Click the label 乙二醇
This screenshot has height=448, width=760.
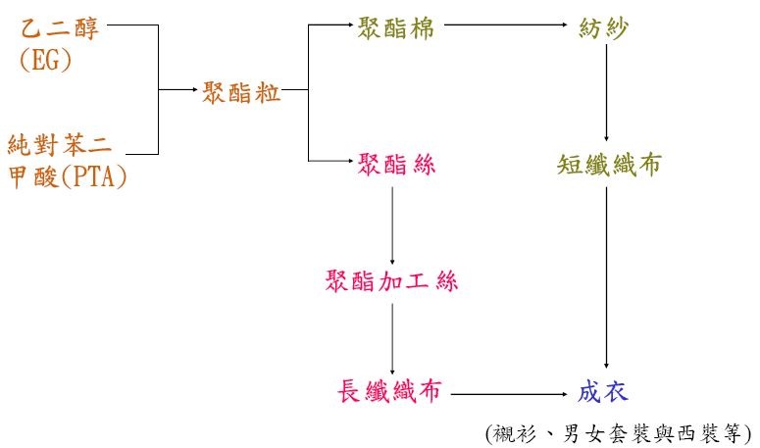click(59, 28)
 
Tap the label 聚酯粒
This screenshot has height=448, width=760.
click(241, 93)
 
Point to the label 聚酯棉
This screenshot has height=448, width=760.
click(396, 26)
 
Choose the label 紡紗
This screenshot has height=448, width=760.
click(604, 28)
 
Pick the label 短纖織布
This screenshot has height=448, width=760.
click(608, 165)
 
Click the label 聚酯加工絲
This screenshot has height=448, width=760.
click(391, 282)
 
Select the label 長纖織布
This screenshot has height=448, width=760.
click(388, 393)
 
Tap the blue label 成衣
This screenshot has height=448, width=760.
click(602, 393)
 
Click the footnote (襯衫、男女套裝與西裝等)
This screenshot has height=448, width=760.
click(618, 432)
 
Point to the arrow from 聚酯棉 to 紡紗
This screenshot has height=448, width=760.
click(500, 26)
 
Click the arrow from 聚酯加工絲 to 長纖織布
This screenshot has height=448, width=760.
click(392, 338)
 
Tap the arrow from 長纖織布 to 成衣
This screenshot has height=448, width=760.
click(510, 394)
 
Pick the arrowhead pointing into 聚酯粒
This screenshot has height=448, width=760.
click(193, 90)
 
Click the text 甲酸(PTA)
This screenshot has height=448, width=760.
click(67, 177)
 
